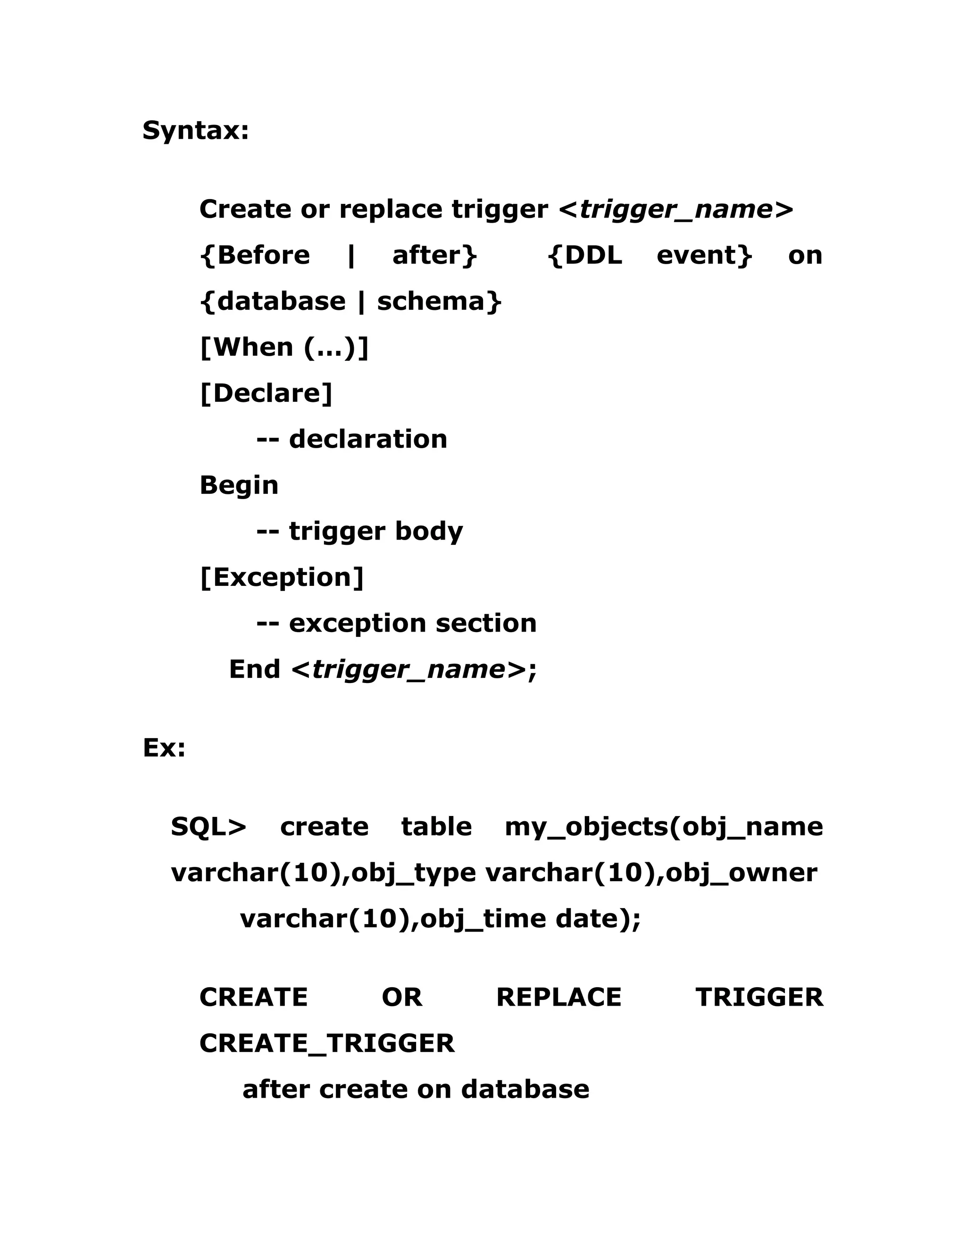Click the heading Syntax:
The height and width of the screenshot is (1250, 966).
coord(196,131)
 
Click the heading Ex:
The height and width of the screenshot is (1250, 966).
coord(164,748)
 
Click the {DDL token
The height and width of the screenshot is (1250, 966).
coord(585,255)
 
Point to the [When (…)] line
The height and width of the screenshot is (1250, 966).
coord(284,348)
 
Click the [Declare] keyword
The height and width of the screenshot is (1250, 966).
coord(266,393)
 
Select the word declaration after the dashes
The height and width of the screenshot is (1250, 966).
coord(368,439)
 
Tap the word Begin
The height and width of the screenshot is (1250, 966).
coord(239,485)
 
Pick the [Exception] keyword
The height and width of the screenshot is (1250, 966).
coord(282,577)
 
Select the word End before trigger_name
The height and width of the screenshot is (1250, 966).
coord(254,669)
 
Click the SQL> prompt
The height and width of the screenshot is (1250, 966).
coord(208,826)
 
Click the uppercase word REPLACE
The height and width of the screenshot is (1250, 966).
coord(558,998)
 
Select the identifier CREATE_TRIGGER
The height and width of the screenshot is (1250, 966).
coord(327,1043)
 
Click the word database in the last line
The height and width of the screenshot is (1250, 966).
coord(525,1089)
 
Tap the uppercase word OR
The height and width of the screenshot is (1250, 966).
coord(402,998)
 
